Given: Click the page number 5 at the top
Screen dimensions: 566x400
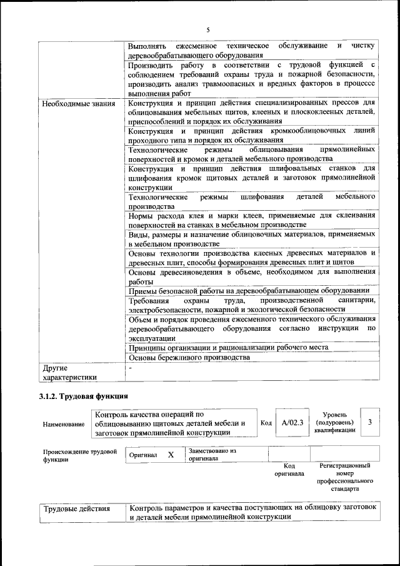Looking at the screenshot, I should (x=208, y=30).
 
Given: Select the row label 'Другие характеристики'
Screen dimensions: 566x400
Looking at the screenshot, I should (x=69, y=373).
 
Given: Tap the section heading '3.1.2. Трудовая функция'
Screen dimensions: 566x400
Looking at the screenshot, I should (x=83, y=397).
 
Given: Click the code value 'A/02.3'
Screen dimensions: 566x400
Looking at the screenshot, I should (x=292, y=423).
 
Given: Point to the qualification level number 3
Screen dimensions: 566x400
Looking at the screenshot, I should (x=370, y=423).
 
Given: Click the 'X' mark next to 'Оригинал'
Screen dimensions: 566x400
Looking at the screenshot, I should (x=171, y=455).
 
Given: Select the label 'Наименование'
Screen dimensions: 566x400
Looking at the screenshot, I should (x=64, y=424).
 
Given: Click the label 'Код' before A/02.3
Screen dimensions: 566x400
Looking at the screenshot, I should (x=266, y=423).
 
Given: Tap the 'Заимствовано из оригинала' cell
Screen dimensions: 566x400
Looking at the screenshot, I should (x=212, y=454).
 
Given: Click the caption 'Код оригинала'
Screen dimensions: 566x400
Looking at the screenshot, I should (x=289, y=470).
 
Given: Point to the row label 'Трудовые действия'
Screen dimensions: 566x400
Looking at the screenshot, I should (x=76, y=509).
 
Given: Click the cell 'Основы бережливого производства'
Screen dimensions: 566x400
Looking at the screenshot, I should (x=189, y=357).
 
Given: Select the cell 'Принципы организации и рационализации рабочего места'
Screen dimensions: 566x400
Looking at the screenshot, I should (x=228, y=347).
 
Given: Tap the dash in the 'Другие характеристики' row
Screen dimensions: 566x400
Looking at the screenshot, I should (x=130, y=368).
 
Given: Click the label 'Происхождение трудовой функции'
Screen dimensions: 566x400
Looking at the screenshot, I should (x=80, y=455).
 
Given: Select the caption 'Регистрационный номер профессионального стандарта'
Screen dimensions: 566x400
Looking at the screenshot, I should (x=344, y=478).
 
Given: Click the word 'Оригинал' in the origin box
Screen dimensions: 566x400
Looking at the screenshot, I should (x=143, y=455).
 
